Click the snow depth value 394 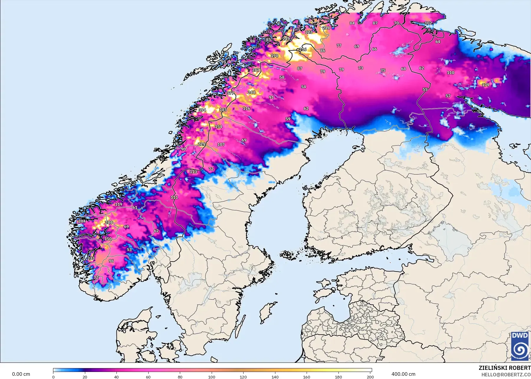(202, 110)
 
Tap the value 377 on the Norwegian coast (230, 93)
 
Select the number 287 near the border (256, 70)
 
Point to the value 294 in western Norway (82, 221)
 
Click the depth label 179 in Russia (486, 85)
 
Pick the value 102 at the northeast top (428, 23)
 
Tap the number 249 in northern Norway (286, 39)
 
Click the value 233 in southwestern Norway (91, 259)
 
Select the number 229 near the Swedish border (201, 144)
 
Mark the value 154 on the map (218, 127)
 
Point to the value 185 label (223, 110)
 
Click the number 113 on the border (193, 172)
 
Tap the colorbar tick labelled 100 (212, 377)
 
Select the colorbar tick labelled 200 (370, 377)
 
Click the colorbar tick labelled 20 (85, 377)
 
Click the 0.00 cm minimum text (21, 374)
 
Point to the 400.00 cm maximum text (403, 374)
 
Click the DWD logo (520, 346)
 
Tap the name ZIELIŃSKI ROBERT (504, 368)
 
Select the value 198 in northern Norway (274, 56)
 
